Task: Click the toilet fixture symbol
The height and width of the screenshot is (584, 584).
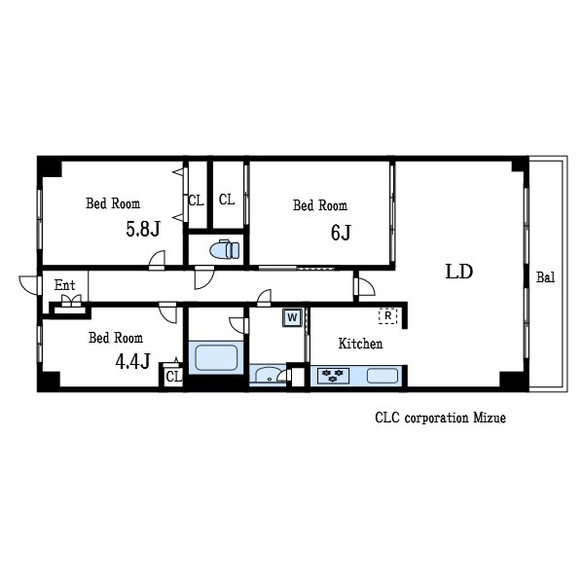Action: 225,249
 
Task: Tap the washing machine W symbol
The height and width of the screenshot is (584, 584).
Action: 292,317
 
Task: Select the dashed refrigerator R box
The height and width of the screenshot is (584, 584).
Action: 388,315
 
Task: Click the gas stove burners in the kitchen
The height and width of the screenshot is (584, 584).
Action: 333,376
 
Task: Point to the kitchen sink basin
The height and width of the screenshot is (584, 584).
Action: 383,376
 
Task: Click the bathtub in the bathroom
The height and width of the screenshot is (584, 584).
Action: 216,358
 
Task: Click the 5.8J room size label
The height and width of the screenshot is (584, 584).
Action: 143,229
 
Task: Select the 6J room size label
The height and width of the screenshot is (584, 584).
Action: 341,233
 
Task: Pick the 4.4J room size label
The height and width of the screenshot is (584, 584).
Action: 133,361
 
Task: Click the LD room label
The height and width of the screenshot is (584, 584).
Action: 459,272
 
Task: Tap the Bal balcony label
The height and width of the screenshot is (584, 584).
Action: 545,277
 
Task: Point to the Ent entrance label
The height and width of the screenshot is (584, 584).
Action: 65,285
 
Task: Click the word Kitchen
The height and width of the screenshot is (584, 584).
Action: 360,344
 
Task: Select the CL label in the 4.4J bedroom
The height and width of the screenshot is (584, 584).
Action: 173,377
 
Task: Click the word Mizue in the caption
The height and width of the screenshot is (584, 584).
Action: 490,418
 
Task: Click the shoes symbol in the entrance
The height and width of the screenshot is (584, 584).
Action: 71,300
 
